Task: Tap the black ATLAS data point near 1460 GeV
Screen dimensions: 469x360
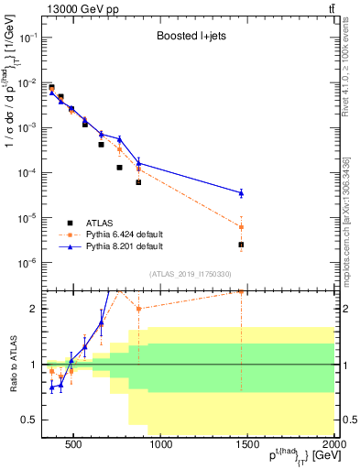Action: (241, 245)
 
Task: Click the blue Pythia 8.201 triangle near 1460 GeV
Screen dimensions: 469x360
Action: (241, 192)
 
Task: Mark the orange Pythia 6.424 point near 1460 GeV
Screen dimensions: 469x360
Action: (241, 226)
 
